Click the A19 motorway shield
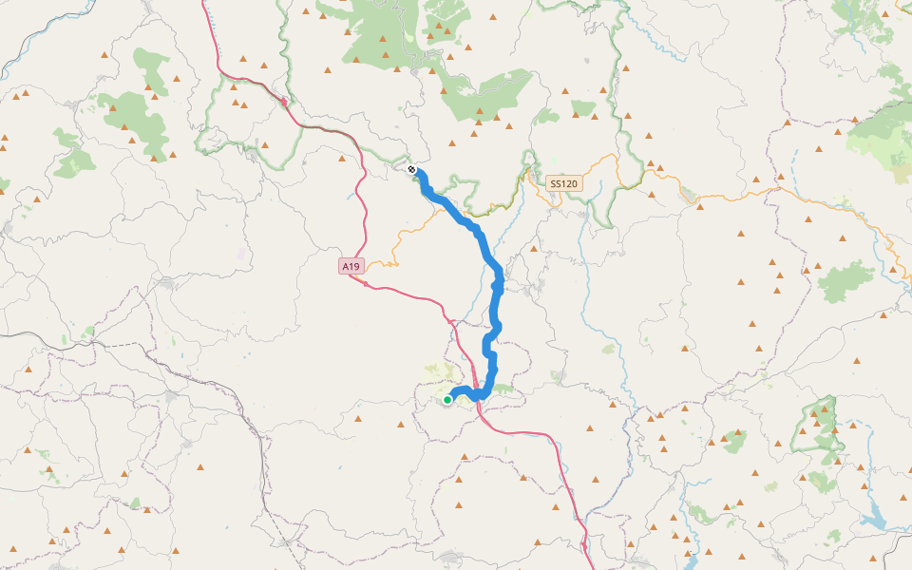351,267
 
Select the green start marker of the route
447,400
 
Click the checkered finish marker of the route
412,169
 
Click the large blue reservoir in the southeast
872,519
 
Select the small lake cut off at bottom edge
691,562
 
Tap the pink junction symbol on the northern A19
284,98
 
